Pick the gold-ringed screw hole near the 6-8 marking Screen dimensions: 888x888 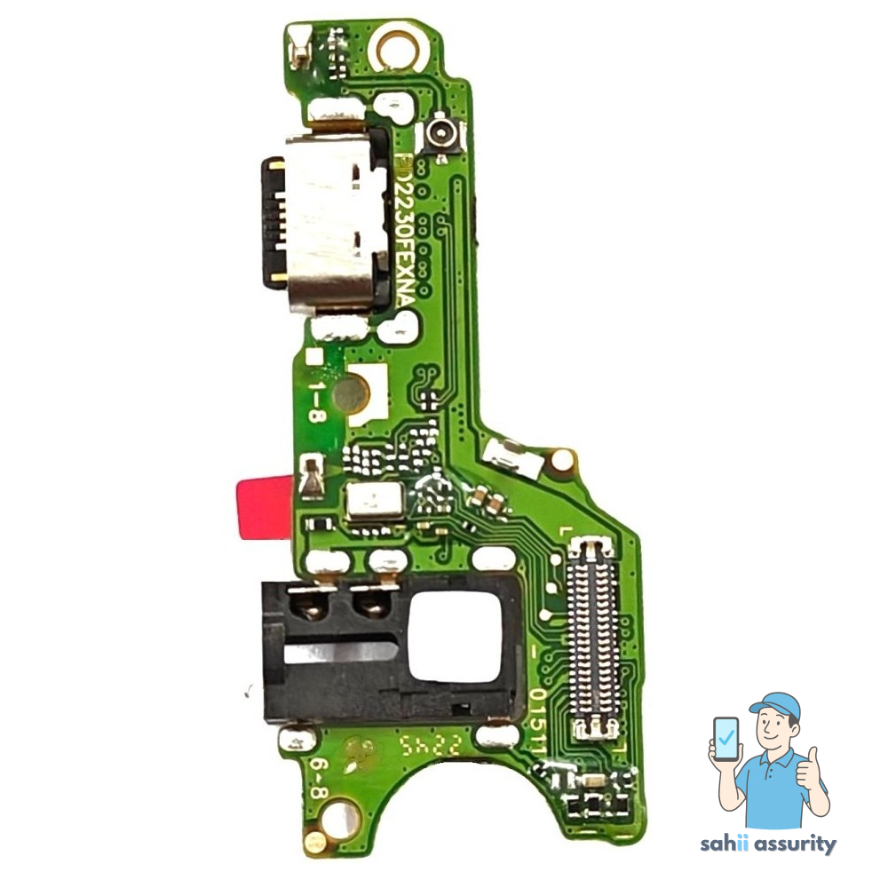point(341,814)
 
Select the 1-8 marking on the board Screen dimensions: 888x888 point(316,400)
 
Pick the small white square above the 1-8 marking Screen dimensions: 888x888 point(313,358)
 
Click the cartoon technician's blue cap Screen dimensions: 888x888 point(776,707)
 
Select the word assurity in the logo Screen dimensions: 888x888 point(797,844)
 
